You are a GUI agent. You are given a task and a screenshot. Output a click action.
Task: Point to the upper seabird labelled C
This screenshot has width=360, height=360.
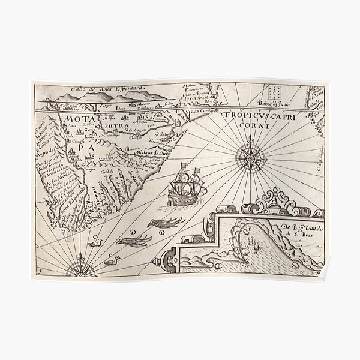point(96,242)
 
